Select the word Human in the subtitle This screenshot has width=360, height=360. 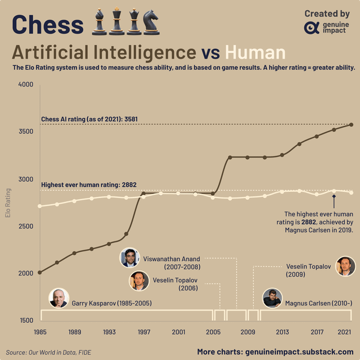click(x=255, y=52)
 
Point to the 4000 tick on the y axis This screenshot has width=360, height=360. click(x=26, y=85)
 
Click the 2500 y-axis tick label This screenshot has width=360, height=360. click(x=26, y=226)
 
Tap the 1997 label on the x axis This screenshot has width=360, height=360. click(x=144, y=332)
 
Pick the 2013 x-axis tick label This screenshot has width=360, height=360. click(x=282, y=332)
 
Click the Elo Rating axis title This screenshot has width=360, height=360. click(x=8, y=202)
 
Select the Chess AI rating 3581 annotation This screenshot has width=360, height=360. click(x=89, y=119)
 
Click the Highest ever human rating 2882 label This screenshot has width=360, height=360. click(x=89, y=184)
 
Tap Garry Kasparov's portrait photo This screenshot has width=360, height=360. click(x=58, y=298)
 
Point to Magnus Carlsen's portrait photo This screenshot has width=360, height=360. click(x=272, y=298)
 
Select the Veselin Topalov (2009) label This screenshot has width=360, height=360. click(x=308, y=270)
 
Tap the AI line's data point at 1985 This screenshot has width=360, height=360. click(x=39, y=272)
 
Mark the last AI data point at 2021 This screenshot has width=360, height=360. click(x=352, y=125)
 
